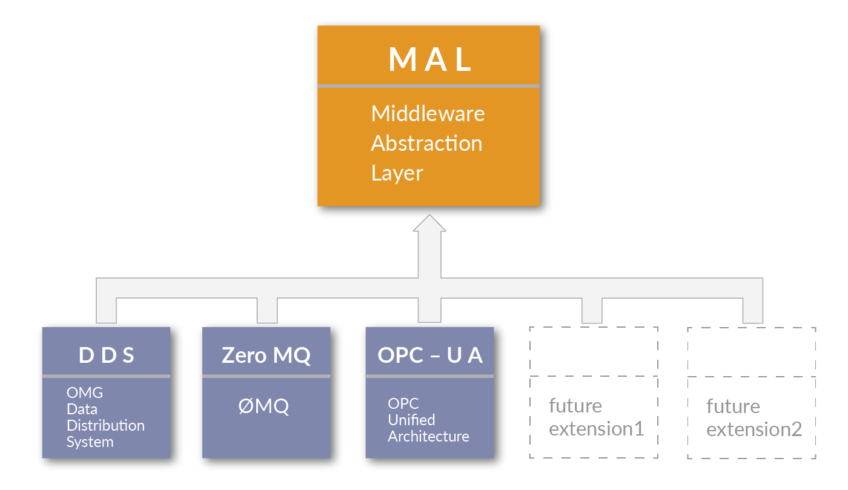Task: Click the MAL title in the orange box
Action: click(x=430, y=59)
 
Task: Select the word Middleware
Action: click(x=428, y=113)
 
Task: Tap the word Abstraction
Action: click(x=426, y=144)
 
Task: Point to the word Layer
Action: click(x=397, y=173)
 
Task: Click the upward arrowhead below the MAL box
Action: click(x=429, y=224)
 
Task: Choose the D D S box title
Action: click(x=107, y=355)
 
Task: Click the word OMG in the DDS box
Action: click(x=85, y=392)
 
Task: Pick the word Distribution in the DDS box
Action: click(x=105, y=425)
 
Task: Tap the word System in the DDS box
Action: click(x=90, y=442)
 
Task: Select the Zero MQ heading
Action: click(x=266, y=355)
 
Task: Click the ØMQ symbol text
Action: click(x=263, y=406)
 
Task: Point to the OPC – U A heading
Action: click(x=430, y=355)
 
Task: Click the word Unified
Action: click(x=411, y=420)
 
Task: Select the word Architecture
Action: click(x=428, y=436)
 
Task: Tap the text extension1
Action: click(x=596, y=429)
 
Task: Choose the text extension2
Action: click(x=754, y=429)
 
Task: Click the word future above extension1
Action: click(x=575, y=405)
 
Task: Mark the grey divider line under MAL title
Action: click(x=429, y=87)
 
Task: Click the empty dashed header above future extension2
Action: click(x=752, y=351)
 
